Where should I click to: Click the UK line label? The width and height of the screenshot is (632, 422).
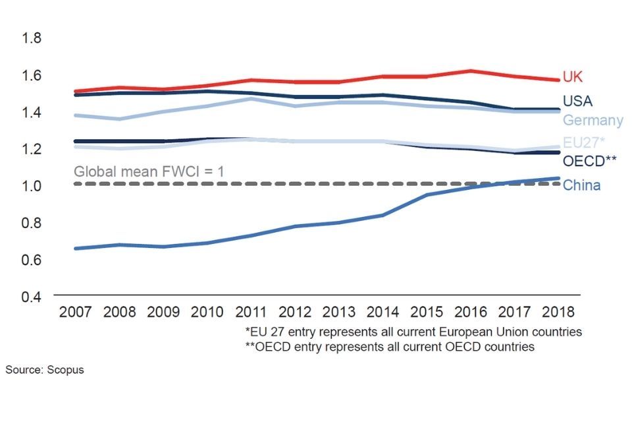tap(573, 77)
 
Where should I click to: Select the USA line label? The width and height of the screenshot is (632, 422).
tap(577, 101)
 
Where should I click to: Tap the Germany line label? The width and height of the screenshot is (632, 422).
tap(592, 120)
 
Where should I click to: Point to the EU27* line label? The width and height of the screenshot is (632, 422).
tap(584, 142)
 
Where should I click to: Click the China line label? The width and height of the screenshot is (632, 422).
tap(581, 185)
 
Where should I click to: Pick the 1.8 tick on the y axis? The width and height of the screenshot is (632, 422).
tap(32, 38)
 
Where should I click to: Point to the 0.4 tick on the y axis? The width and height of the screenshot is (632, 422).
tap(32, 296)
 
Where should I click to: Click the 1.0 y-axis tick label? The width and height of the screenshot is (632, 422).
tap(32, 186)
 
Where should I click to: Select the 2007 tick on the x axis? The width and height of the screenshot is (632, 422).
tap(74, 311)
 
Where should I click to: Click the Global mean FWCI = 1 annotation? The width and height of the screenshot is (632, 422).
tap(149, 171)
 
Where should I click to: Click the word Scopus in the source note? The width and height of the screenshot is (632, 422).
tap(65, 370)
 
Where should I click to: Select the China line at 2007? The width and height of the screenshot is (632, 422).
tap(75, 249)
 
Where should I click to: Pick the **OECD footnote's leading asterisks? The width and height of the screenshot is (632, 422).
tap(250, 346)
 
